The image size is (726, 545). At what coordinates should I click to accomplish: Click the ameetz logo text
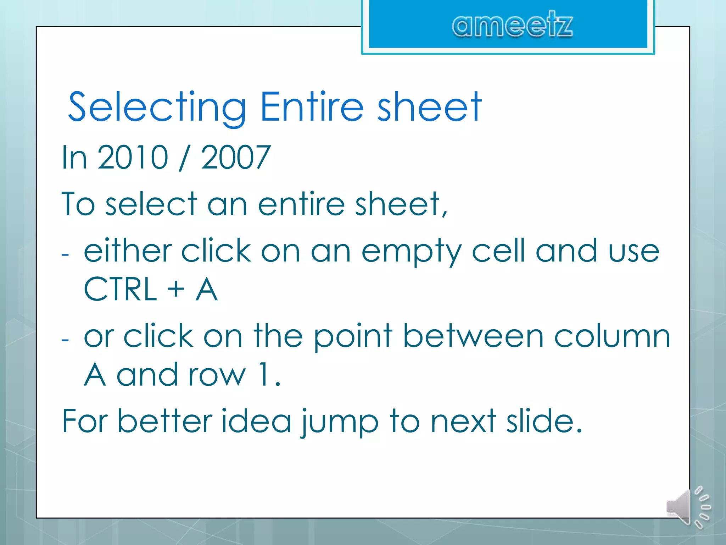[x=512, y=24]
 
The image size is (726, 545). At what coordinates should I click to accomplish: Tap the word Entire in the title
[x=312, y=106]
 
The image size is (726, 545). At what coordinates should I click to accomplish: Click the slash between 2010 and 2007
[x=184, y=158]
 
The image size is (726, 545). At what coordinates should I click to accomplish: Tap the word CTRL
[x=120, y=289]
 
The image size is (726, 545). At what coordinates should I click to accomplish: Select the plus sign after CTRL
[x=176, y=289]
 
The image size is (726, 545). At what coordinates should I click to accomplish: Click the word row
[x=217, y=375]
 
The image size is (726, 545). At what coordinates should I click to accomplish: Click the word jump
[x=340, y=422]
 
